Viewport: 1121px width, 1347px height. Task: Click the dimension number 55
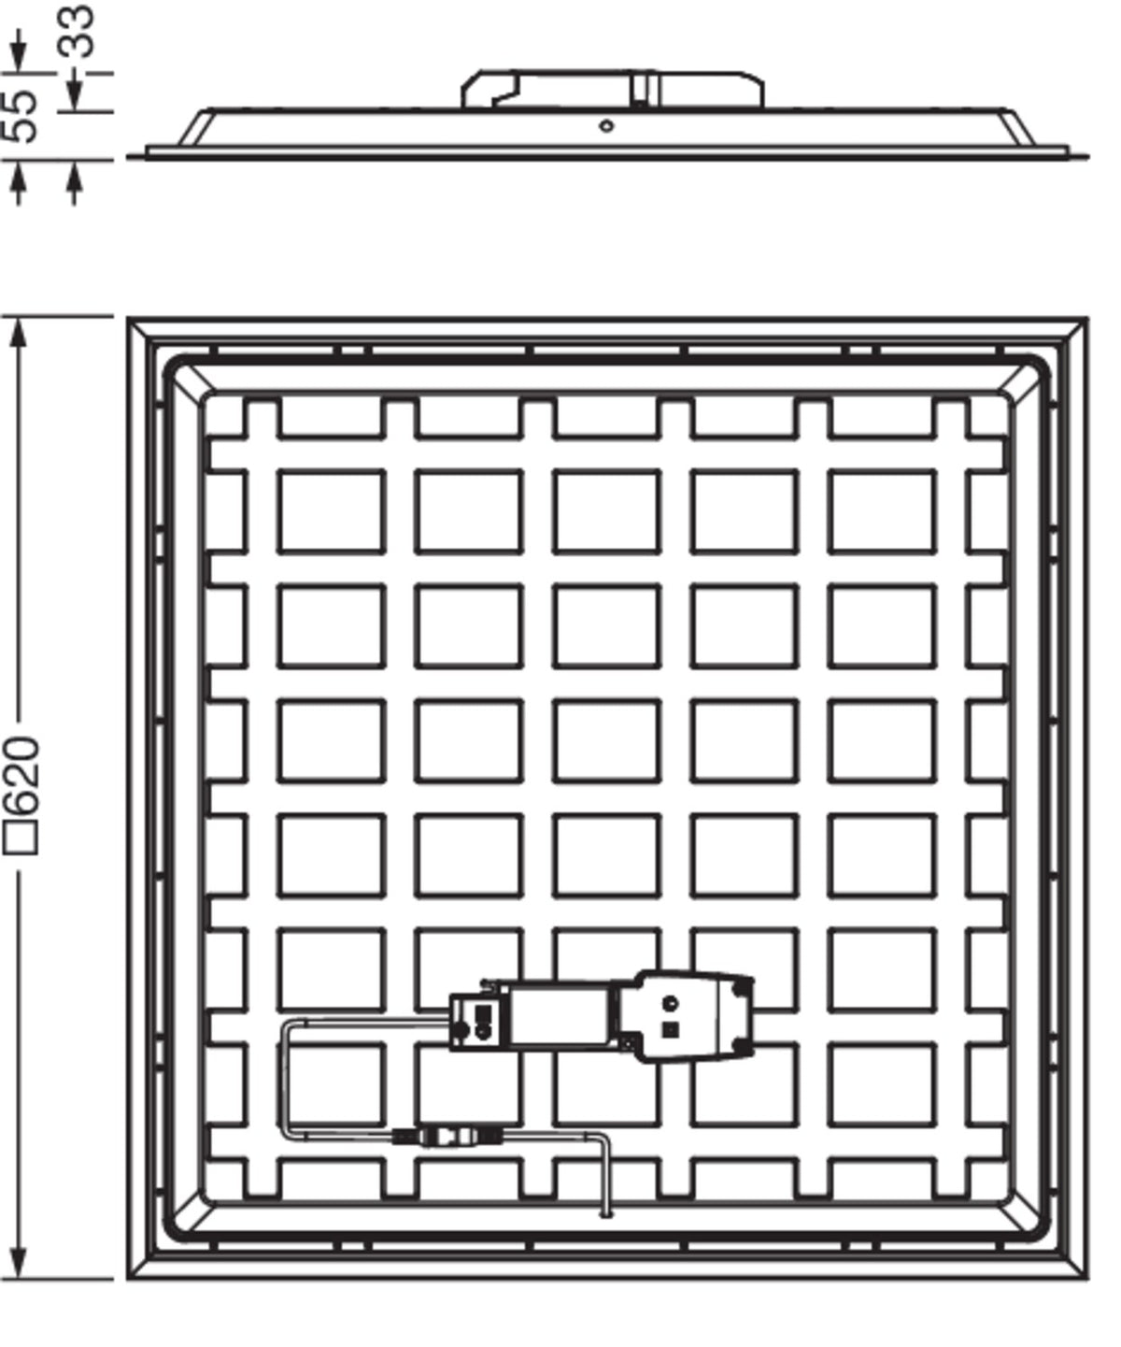[x=21, y=116]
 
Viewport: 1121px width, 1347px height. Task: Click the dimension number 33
[x=78, y=32]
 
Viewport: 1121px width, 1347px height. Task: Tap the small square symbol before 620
[x=21, y=838]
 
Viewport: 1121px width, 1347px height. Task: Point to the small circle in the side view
[x=606, y=126]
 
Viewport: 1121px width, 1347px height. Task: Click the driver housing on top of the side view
[x=613, y=89]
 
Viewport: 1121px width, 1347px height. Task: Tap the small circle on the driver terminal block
[x=671, y=1003]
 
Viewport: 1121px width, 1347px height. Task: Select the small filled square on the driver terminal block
[x=671, y=1029]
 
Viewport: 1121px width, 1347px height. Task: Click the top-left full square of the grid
[x=332, y=511]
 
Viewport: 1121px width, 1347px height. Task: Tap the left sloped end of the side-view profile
[x=195, y=128]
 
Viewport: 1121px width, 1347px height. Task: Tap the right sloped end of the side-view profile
[x=1020, y=128]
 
